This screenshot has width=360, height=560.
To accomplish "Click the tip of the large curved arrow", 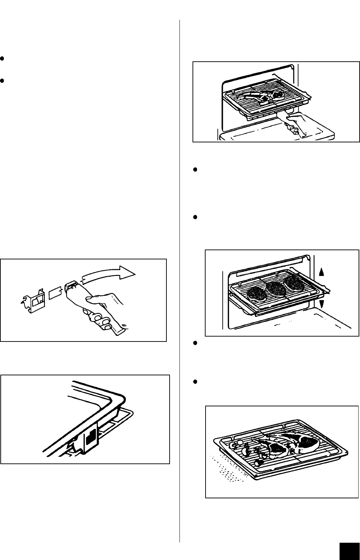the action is point(135,272).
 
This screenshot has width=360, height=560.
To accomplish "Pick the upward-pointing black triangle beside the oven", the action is point(321,271).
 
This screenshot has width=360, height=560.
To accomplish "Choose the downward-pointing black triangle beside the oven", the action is point(321,303).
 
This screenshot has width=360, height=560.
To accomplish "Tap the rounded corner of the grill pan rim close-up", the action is point(118,398).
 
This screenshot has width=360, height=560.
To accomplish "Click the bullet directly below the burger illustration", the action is point(195,344).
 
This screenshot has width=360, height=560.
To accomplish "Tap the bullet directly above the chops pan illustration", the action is point(195,382).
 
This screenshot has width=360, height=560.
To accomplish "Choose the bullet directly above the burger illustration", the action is point(195,217).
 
